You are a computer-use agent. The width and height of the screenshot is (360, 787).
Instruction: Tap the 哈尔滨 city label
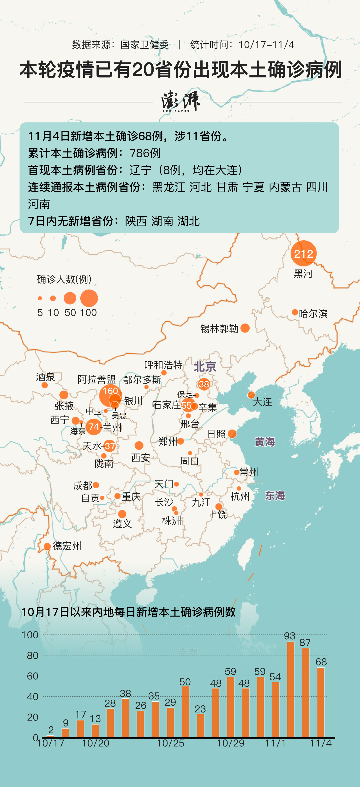(313, 314)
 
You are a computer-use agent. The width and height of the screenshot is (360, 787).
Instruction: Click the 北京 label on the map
(204, 367)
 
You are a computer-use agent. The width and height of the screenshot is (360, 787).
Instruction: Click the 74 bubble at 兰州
(94, 426)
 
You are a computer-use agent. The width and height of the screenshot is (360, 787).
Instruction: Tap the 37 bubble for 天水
(109, 446)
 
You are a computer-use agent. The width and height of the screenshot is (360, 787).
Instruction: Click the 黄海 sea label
(265, 442)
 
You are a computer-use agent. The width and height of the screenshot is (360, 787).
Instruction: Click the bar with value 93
(290, 690)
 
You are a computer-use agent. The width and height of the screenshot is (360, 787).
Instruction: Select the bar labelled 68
(321, 703)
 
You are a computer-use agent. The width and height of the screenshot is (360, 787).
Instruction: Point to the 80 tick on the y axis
(32, 655)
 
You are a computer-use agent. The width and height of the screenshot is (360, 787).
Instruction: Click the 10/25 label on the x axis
(170, 743)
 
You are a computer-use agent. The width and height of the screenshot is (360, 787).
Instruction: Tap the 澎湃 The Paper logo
(180, 101)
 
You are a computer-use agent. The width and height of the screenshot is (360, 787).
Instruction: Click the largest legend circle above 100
(89, 298)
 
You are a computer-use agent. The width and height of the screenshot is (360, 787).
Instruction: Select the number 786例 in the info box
(145, 153)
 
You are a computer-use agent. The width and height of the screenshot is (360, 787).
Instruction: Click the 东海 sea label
(275, 496)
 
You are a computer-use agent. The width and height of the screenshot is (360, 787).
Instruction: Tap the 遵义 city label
(122, 524)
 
